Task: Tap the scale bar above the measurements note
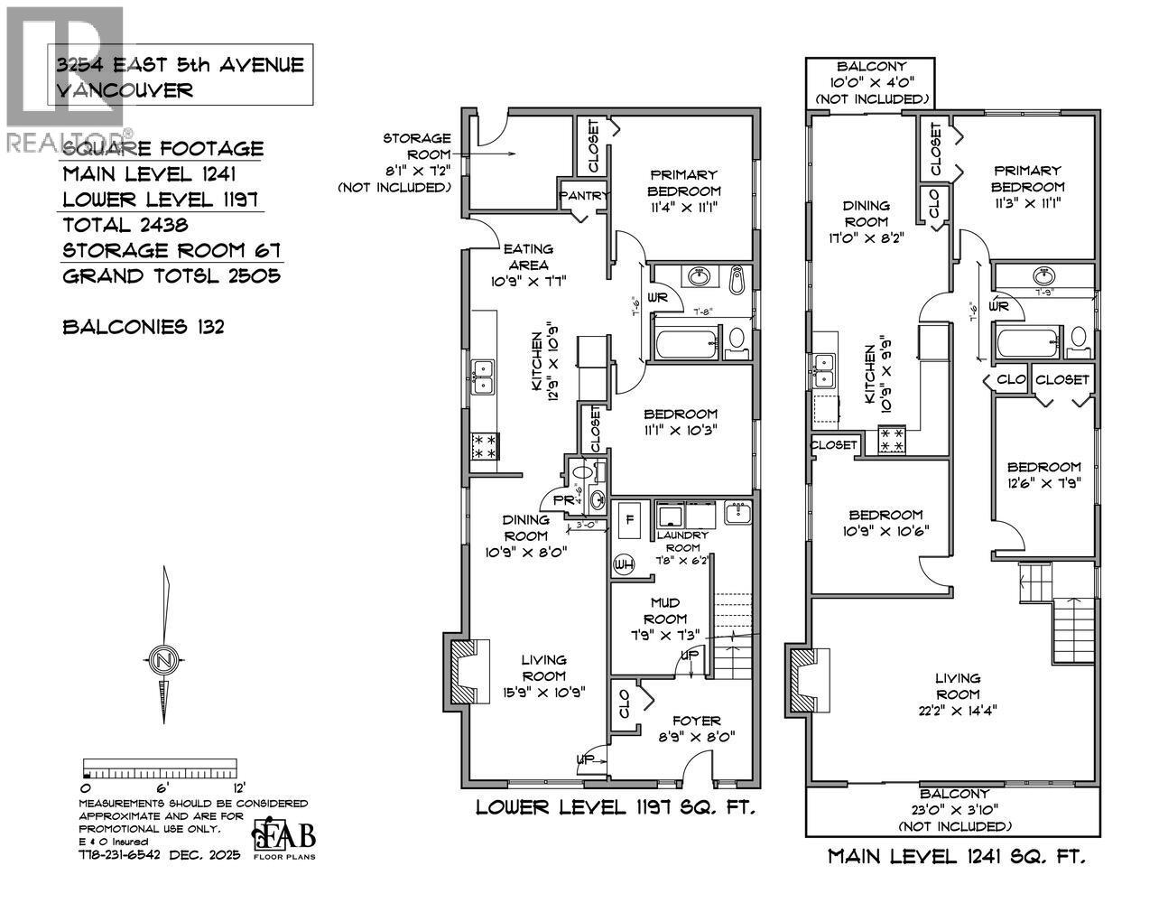pyautogui.click(x=159, y=769)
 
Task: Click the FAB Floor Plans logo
pyautogui.click(x=284, y=837)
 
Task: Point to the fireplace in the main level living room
pyautogui.click(x=807, y=679)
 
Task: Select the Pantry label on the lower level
pyautogui.click(x=585, y=195)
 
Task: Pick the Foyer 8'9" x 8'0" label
pyautogui.click(x=696, y=728)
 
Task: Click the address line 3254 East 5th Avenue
pyautogui.click(x=181, y=65)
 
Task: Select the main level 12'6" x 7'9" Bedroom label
pyautogui.click(x=1043, y=474)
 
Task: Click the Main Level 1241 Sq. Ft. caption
pyautogui.click(x=957, y=855)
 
